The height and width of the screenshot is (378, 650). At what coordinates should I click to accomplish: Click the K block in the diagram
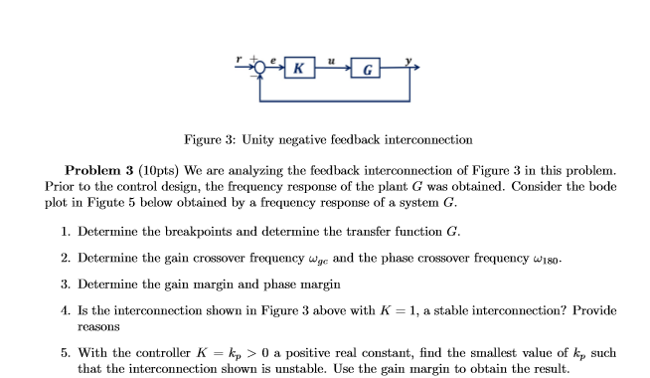(296, 69)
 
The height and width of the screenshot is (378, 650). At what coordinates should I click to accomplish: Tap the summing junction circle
(261, 68)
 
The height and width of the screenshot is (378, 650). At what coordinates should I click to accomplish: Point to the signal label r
(238, 59)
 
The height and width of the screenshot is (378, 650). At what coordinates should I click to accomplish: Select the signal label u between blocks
(331, 58)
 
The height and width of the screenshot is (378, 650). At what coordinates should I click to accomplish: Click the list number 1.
(64, 232)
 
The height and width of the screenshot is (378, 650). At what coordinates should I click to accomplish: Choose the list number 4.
(64, 310)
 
